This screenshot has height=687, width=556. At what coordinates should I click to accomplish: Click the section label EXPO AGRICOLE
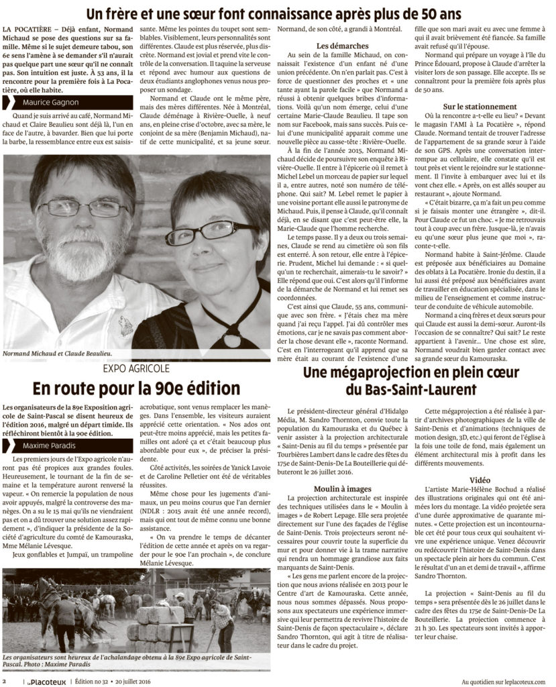[135, 368]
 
